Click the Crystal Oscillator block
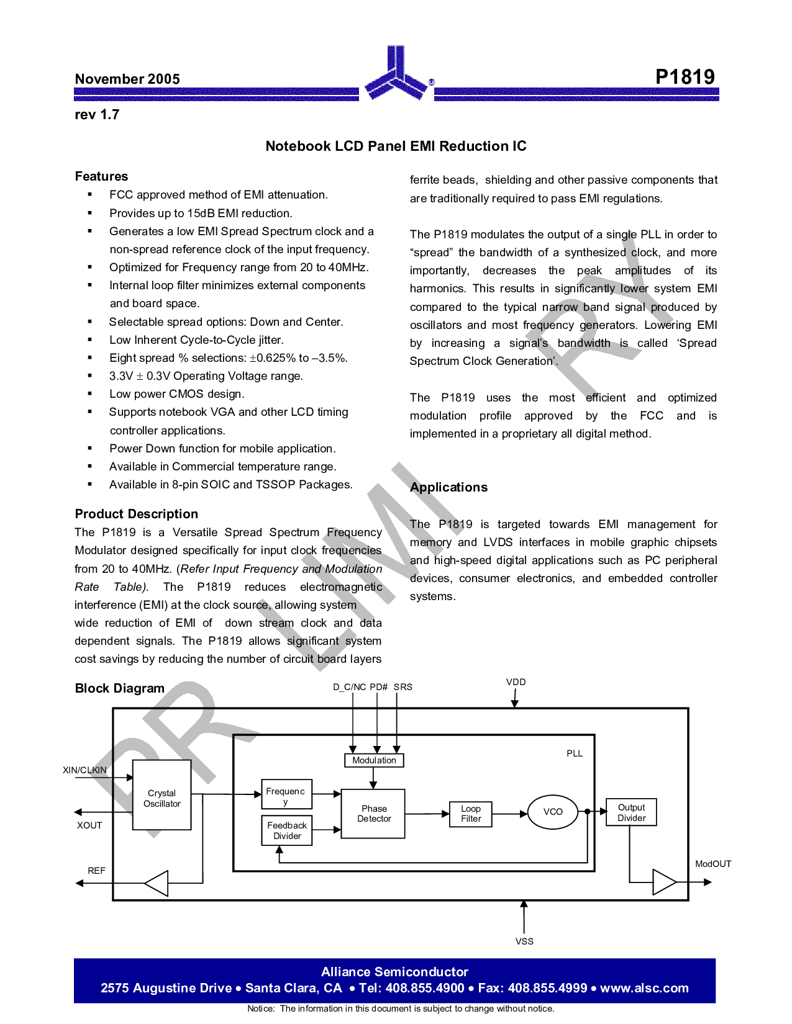pos(162,794)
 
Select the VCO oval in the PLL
pos(552,812)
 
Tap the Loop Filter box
pos(470,814)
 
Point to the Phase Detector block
pos(373,814)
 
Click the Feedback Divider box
pos(287,830)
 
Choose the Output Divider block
pos(631,812)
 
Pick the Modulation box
pos(374,760)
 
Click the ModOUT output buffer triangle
pos(664,882)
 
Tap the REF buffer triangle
pos(156,883)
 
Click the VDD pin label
pos(516,682)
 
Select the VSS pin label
pos(524,941)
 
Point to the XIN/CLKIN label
pos(84,770)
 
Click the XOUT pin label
pos(89,825)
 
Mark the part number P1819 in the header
pos(685,77)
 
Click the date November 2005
pos(127,79)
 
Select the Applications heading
pos(448,487)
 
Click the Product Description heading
pos(136,514)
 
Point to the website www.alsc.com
pos(644,988)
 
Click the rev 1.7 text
pos(97,115)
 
